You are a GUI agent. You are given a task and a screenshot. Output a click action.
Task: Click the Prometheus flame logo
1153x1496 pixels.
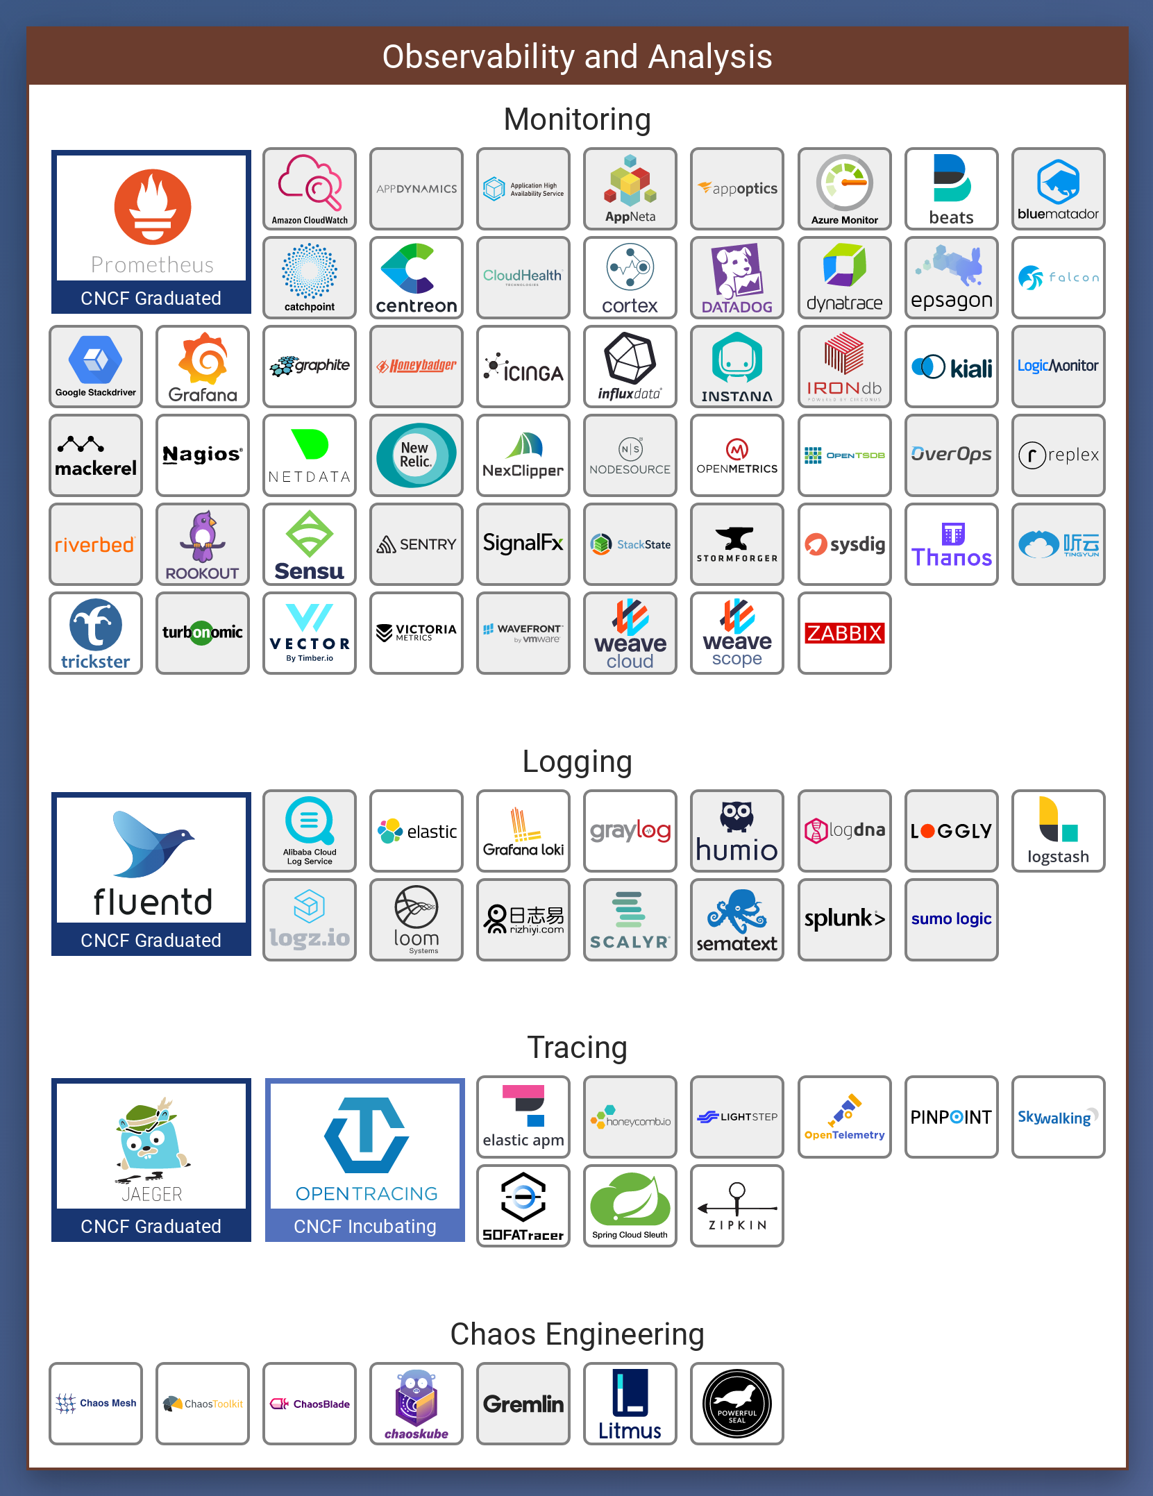point(153,207)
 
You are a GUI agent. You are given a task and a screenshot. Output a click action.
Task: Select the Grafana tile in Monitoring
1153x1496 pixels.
point(203,367)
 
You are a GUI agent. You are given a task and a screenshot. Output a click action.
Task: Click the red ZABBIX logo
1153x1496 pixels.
point(844,633)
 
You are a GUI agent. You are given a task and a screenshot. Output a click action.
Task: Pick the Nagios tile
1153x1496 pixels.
point(203,455)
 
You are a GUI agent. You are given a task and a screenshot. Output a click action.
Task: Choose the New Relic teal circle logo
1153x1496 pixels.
point(416,455)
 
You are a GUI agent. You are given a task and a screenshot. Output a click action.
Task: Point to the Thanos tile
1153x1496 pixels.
point(951,544)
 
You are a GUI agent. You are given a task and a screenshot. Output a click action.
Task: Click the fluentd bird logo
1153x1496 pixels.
point(153,843)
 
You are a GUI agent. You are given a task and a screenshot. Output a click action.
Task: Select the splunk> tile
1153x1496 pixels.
point(844,919)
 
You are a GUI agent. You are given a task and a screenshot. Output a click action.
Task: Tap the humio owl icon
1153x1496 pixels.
point(737,816)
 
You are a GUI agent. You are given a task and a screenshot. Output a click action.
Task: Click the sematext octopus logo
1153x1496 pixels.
point(737,911)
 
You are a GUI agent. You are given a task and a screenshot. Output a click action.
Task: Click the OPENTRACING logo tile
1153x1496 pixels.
point(366,1145)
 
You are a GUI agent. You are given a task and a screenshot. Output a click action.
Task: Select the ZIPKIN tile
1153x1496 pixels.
point(737,1206)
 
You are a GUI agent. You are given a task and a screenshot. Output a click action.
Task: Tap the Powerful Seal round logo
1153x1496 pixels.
point(737,1404)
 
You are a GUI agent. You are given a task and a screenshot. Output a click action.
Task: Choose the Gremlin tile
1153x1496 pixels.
point(523,1404)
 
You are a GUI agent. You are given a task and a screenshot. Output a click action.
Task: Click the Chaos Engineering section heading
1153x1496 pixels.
point(577,1334)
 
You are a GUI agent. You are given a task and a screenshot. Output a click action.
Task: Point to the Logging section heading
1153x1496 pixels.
point(577,762)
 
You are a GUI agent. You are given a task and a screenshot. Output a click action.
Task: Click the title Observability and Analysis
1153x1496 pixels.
point(577,56)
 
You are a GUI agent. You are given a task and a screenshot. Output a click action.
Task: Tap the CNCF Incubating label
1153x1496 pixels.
point(365,1227)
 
